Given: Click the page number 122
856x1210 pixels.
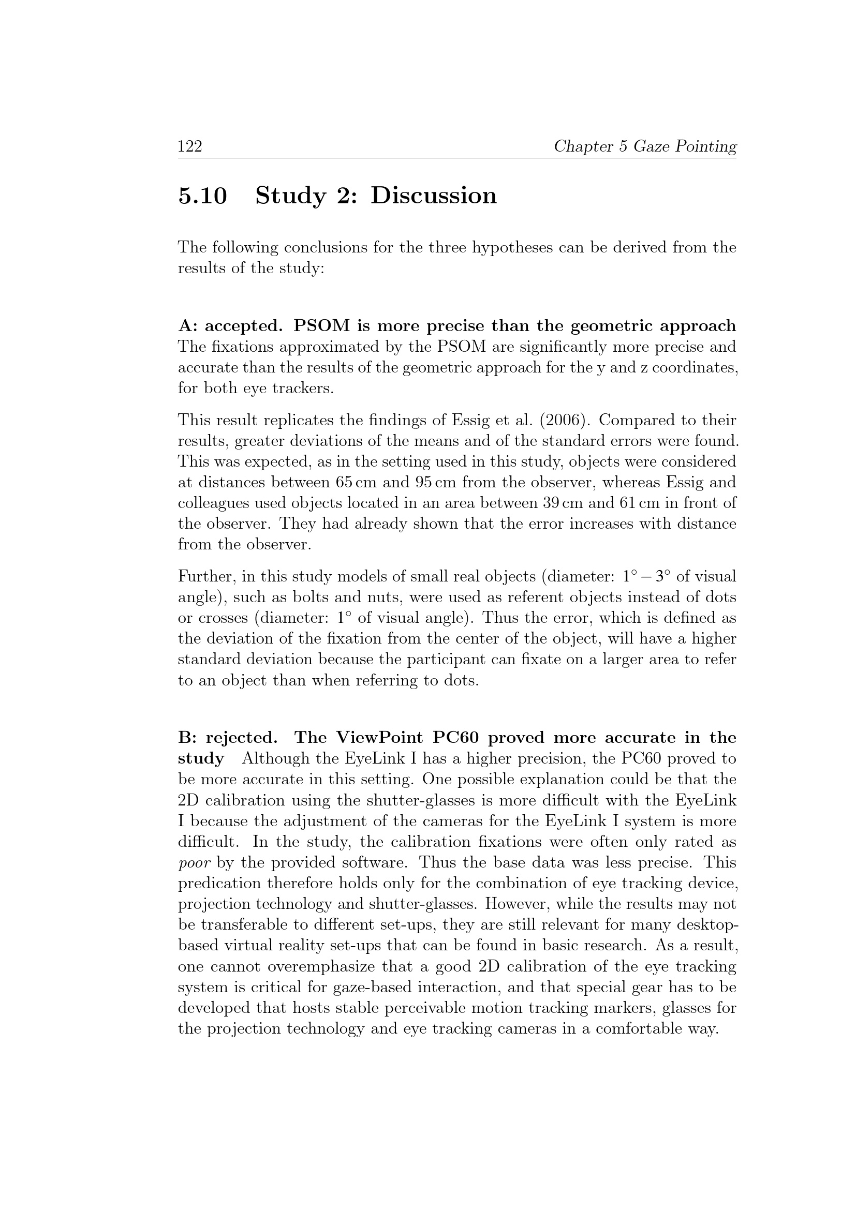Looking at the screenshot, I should coord(190,146).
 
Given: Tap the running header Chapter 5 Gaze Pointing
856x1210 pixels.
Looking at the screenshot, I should coord(645,146).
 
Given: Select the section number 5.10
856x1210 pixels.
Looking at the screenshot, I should coord(203,196).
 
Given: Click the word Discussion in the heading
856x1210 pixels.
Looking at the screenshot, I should coord(433,196).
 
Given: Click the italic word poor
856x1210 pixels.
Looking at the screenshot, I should coord(195,863).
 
